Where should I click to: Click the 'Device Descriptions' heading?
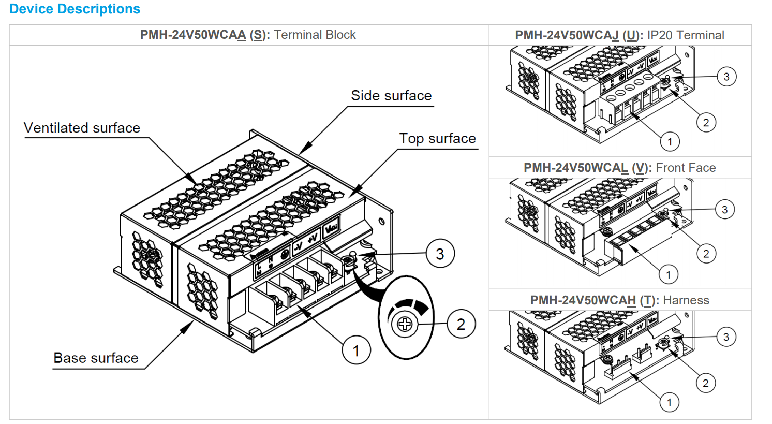75,9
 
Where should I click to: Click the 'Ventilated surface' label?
82,128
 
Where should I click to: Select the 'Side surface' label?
391,96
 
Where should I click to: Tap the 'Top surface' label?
437,139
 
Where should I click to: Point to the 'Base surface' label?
96,358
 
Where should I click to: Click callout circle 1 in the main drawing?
356,350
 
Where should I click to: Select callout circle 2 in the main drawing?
461,325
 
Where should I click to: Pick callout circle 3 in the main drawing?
440,254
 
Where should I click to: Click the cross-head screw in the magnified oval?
405,325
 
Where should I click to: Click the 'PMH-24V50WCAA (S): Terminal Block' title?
248,35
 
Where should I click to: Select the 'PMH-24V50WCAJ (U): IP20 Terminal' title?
619,35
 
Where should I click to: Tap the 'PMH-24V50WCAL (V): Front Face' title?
619,168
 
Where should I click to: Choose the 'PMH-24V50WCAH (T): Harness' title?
619,300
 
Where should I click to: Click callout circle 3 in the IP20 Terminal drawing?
726,77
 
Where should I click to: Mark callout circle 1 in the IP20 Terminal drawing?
670,141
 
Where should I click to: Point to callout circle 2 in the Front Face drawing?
706,254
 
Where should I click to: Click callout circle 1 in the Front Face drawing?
669,274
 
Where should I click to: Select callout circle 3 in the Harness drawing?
726,337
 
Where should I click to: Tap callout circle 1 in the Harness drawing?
669,402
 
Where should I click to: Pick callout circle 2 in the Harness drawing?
706,383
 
